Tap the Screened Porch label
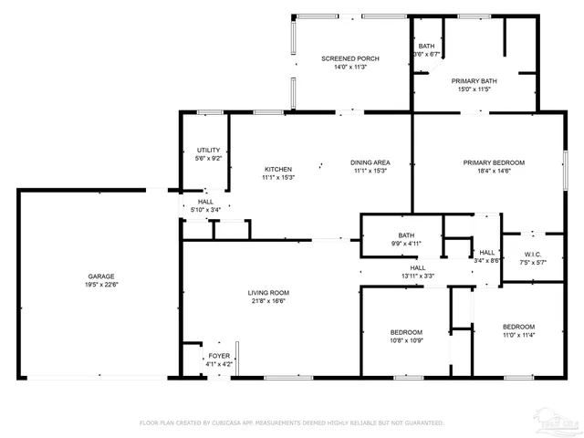point(350,58)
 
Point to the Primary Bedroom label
point(493,162)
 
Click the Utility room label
point(208,150)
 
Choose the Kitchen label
point(278,169)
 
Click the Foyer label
point(219,356)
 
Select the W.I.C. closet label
point(534,254)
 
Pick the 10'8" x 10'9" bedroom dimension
point(406,340)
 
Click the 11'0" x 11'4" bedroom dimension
point(518,335)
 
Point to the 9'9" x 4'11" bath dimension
point(406,244)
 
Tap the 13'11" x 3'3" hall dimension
point(416,276)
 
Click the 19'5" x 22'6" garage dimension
point(100,283)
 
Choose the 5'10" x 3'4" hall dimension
point(205,210)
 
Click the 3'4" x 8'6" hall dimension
point(487,260)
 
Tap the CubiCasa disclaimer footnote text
point(291,423)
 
